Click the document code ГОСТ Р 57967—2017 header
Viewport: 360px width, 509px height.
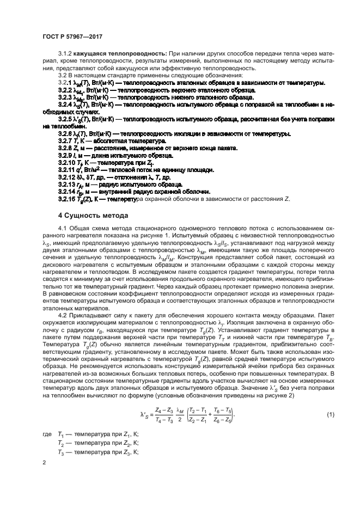pyautogui.click(x=73, y=36)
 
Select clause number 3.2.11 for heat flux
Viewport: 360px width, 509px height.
pyautogui.click(x=69, y=169)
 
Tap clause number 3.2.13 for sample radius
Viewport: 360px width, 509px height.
pyautogui.click(x=69, y=184)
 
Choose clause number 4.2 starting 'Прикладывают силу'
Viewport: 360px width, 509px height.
pyautogui.click(x=62, y=316)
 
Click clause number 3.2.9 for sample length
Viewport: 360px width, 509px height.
pyautogui.click(x=67, y=155)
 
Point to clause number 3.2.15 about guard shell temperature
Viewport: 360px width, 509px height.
pyautogui.click(x=69, y=198)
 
